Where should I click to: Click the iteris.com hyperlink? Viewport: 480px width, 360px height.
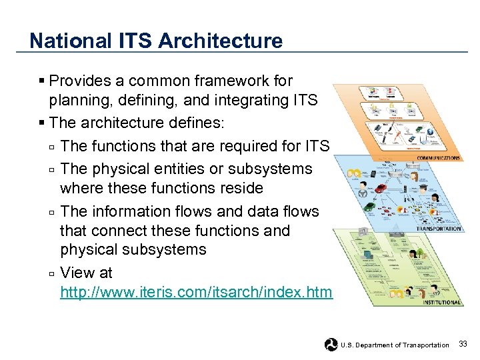coord(196,293)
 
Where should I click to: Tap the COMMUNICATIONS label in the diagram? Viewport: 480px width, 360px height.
coord(438,158)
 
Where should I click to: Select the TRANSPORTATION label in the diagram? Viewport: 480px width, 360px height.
coord(438,229)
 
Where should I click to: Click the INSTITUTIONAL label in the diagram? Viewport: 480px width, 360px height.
coord(441,302)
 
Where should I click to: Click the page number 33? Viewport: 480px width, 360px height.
coord(463,344)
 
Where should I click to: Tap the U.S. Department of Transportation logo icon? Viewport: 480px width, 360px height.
coord(331,345)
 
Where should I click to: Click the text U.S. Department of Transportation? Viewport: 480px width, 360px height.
coord(395,345)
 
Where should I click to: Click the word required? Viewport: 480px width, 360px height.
coord(259,146)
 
